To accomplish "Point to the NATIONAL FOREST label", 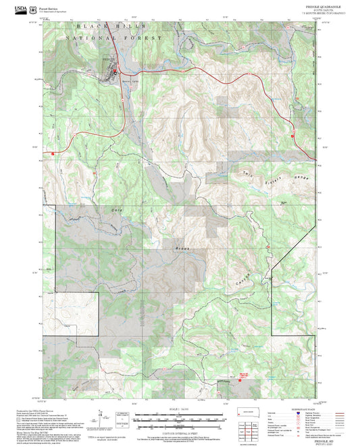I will pyautogui.click(x=114, y=39).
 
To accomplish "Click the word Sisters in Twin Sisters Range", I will pyautogui.click(x=276, y=176).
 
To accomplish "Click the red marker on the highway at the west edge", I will pyautogui.click(x=53, y=153).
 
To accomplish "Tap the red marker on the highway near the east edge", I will pyautogui.click(x=292, y=136).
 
